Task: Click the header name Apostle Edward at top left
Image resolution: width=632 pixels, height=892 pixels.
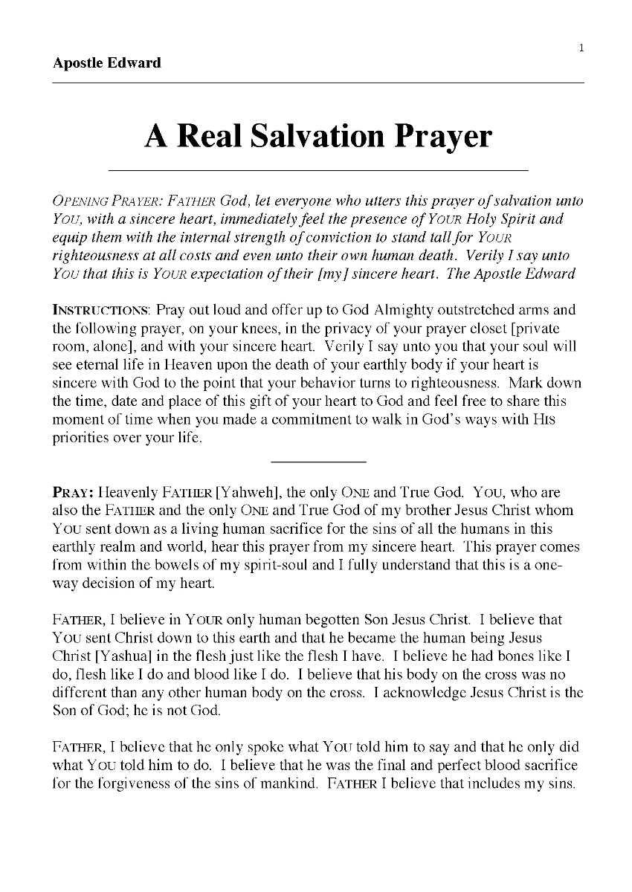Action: [107, 62]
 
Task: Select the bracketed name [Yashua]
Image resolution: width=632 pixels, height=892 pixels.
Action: [117, 655]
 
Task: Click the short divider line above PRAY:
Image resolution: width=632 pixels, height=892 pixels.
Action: [320, 462]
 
